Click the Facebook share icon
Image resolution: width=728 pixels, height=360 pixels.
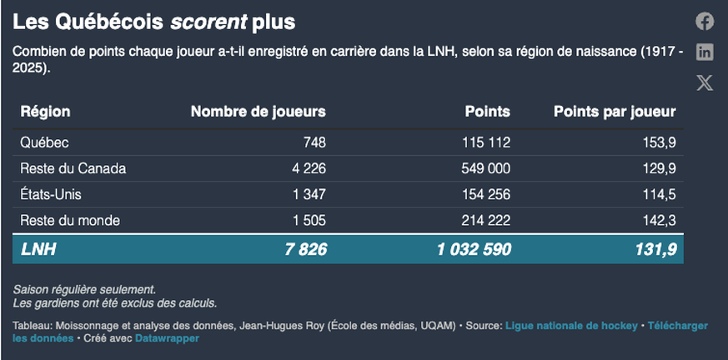[x=705, y=22]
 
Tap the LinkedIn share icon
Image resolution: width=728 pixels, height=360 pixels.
[x=705, y=52]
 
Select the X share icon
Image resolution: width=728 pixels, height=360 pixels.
[x=705, y=82]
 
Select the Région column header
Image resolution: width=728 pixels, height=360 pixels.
[x=45, y=111]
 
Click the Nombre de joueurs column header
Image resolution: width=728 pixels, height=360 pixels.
[x=258, y=111]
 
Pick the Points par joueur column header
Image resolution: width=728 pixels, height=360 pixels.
[x=615, y=111]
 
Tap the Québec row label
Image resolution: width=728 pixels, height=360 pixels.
[x=44, y=142]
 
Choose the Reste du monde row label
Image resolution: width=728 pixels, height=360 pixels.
[x=70, y=220]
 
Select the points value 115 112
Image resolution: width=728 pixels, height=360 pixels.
[x=485, y=142]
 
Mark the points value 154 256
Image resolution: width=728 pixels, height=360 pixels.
[x=485, y=194]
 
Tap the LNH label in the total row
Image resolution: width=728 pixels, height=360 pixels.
[x=38, y=248]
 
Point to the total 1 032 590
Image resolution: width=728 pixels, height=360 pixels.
[x=474, y=248]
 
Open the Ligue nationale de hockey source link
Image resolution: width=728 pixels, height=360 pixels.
[x=572, y=325]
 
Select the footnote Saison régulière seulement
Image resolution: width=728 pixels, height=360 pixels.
[x=84, y=289]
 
